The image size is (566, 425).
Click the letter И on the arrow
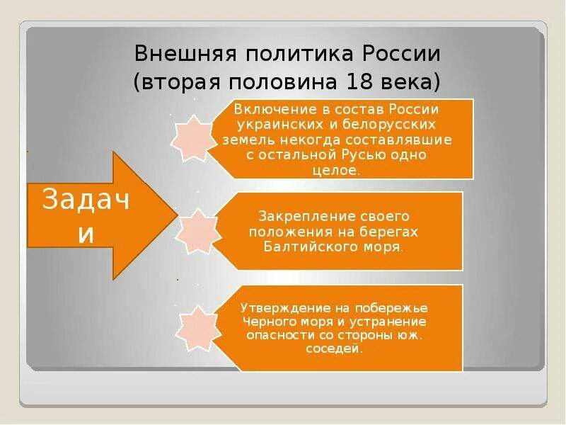(x=85, y=234)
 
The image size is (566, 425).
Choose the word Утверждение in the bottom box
(x=277, y=309)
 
